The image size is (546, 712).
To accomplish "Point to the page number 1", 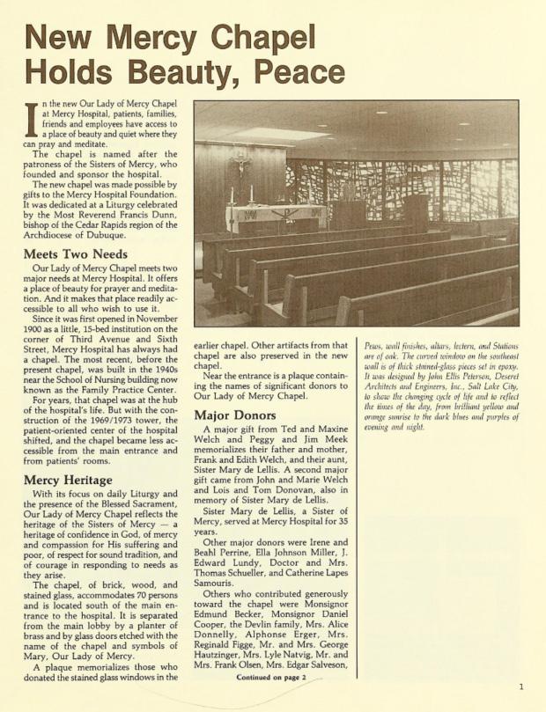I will click(521, 687).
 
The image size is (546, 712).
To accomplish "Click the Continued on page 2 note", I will click(270, 677).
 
